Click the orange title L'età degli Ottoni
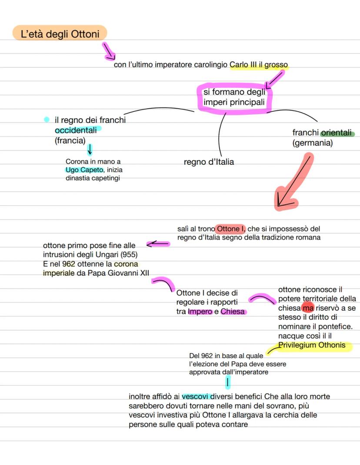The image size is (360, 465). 60,34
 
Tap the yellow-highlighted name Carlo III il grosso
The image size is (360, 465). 259,65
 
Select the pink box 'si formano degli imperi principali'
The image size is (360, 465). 234,98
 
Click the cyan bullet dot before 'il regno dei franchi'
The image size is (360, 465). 47,119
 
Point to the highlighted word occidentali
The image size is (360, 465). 76,130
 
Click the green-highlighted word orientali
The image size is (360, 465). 337,133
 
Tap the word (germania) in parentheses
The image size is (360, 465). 313,143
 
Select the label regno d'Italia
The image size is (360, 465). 209,162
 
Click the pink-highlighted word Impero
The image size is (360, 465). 200,312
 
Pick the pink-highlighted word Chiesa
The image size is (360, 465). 233,312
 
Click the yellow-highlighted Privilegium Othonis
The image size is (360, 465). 312,345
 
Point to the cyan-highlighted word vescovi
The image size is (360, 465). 196,396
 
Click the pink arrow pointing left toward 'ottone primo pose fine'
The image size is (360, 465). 158,244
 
